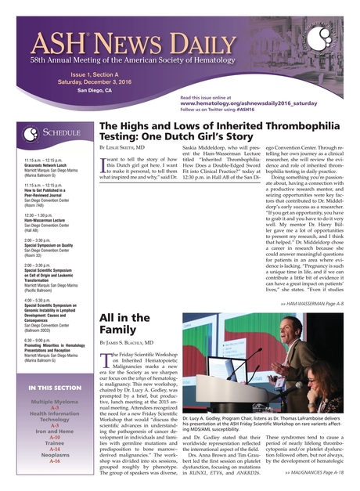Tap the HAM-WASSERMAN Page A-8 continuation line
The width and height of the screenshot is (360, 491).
[312, 302]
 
